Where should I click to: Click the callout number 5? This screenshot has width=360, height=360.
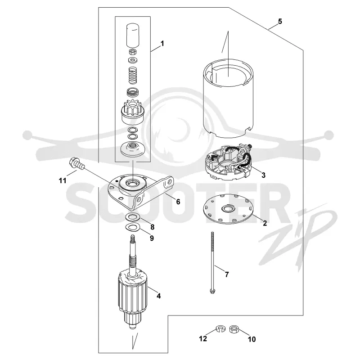(x=279, y=21)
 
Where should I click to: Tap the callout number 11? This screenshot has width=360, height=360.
(x=63, y=181)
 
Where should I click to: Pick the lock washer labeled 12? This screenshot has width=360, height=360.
(x=220, y=329)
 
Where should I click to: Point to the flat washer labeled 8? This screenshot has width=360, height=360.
(x=131, y=216)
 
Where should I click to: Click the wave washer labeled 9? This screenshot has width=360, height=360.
(x=131, y=227)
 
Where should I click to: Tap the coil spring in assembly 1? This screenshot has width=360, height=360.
(x=132, y=75)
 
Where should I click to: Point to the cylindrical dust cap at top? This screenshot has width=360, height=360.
(x=133, y=36)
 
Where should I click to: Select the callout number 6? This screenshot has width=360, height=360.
(x=178, y=202)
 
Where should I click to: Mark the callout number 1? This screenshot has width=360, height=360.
(x=162, y=43)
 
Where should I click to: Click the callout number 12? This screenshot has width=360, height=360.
(x=203, y=339)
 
